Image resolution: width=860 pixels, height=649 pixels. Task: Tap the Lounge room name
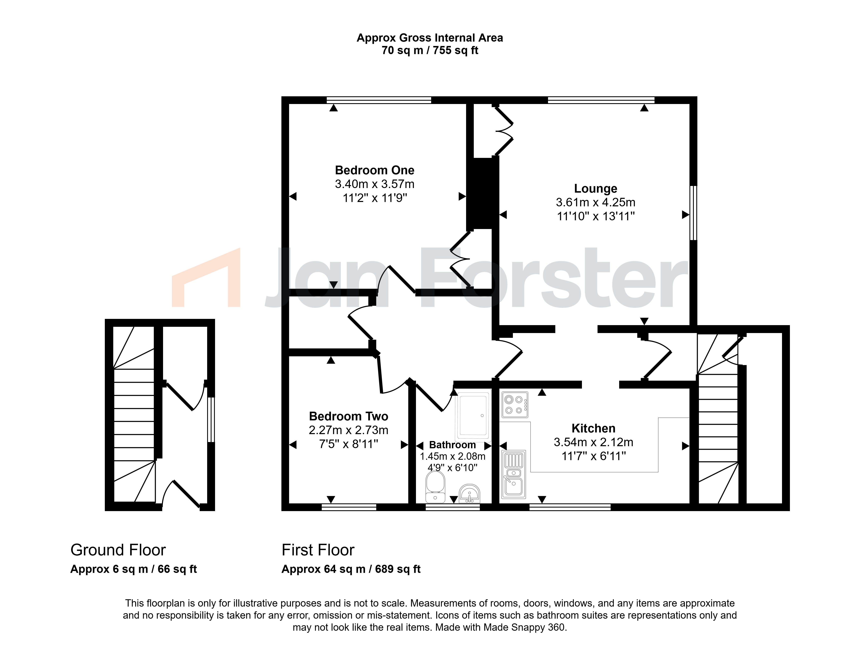(x=596, y=189)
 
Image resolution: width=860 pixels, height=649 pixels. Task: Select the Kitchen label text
(x=593, y=429)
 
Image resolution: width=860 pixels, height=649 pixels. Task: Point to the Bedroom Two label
(x=348, y=416)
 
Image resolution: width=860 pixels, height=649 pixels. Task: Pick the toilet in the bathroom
(x=436, y=487)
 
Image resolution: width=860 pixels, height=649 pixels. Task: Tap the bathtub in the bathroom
(x=473, y=416)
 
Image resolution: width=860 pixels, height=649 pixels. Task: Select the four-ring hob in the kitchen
(x=515, y=405)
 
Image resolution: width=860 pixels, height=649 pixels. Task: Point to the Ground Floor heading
(x=118, y=550)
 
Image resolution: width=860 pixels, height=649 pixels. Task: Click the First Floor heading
(x=318, y=550)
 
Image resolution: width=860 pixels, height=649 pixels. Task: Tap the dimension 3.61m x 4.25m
(x=596, y=203)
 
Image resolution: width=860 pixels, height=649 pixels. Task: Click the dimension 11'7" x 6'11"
(x=594, y=456)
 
